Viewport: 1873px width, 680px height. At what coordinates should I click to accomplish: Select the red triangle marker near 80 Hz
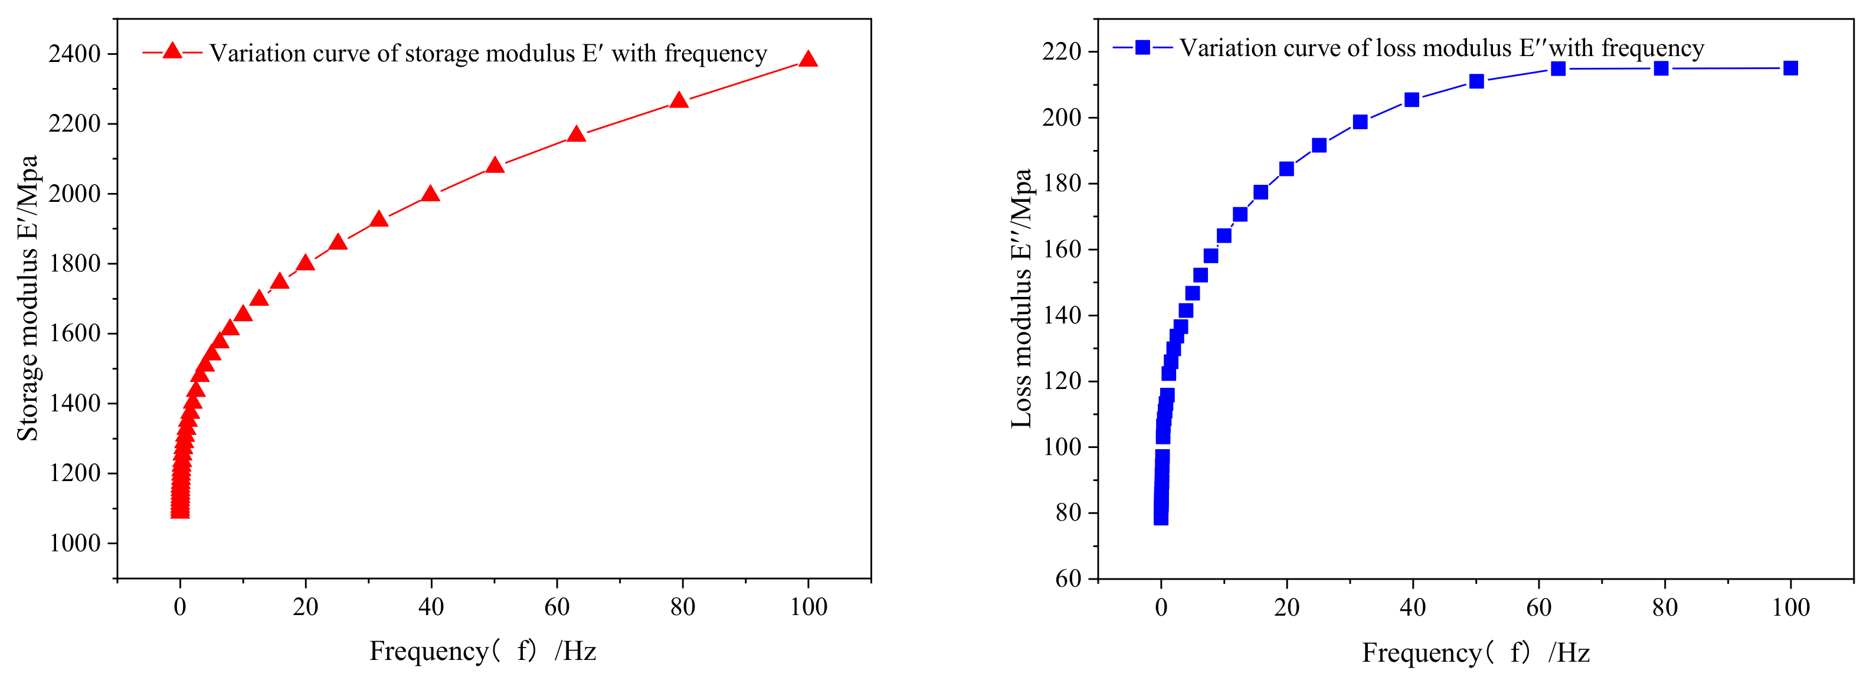click(x=679, y=101)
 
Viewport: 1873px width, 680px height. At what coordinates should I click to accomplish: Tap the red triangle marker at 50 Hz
click(x=495, y=166)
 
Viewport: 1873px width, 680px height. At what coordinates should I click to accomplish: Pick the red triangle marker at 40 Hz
click(x=430, y=194)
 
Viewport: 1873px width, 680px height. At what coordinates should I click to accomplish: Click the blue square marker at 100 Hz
click(x=1790, y=68)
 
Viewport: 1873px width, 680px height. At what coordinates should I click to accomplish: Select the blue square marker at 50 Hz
click(x=1476, y=81)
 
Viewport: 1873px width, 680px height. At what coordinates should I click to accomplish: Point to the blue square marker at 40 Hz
click(x=1412, y=100)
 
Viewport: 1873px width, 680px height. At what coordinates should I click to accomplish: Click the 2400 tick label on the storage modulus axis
click(x=74, y=54)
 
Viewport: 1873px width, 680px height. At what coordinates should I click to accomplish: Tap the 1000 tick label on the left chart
click(x=74, y=543)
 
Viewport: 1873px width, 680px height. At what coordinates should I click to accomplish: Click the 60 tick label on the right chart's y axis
click(x=1068, y=579)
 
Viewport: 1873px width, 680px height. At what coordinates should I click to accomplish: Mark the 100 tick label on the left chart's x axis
click(x=808, y=607)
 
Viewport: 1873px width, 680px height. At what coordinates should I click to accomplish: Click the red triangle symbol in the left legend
click(x=172, y=51)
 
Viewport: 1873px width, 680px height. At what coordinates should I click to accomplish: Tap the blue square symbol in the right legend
click(x=1142, y=47)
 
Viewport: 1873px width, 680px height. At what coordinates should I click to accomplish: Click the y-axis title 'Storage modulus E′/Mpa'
click(x=28, y=298)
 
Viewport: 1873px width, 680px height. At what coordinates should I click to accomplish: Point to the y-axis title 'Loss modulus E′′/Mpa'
click(x=1021, y=298)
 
